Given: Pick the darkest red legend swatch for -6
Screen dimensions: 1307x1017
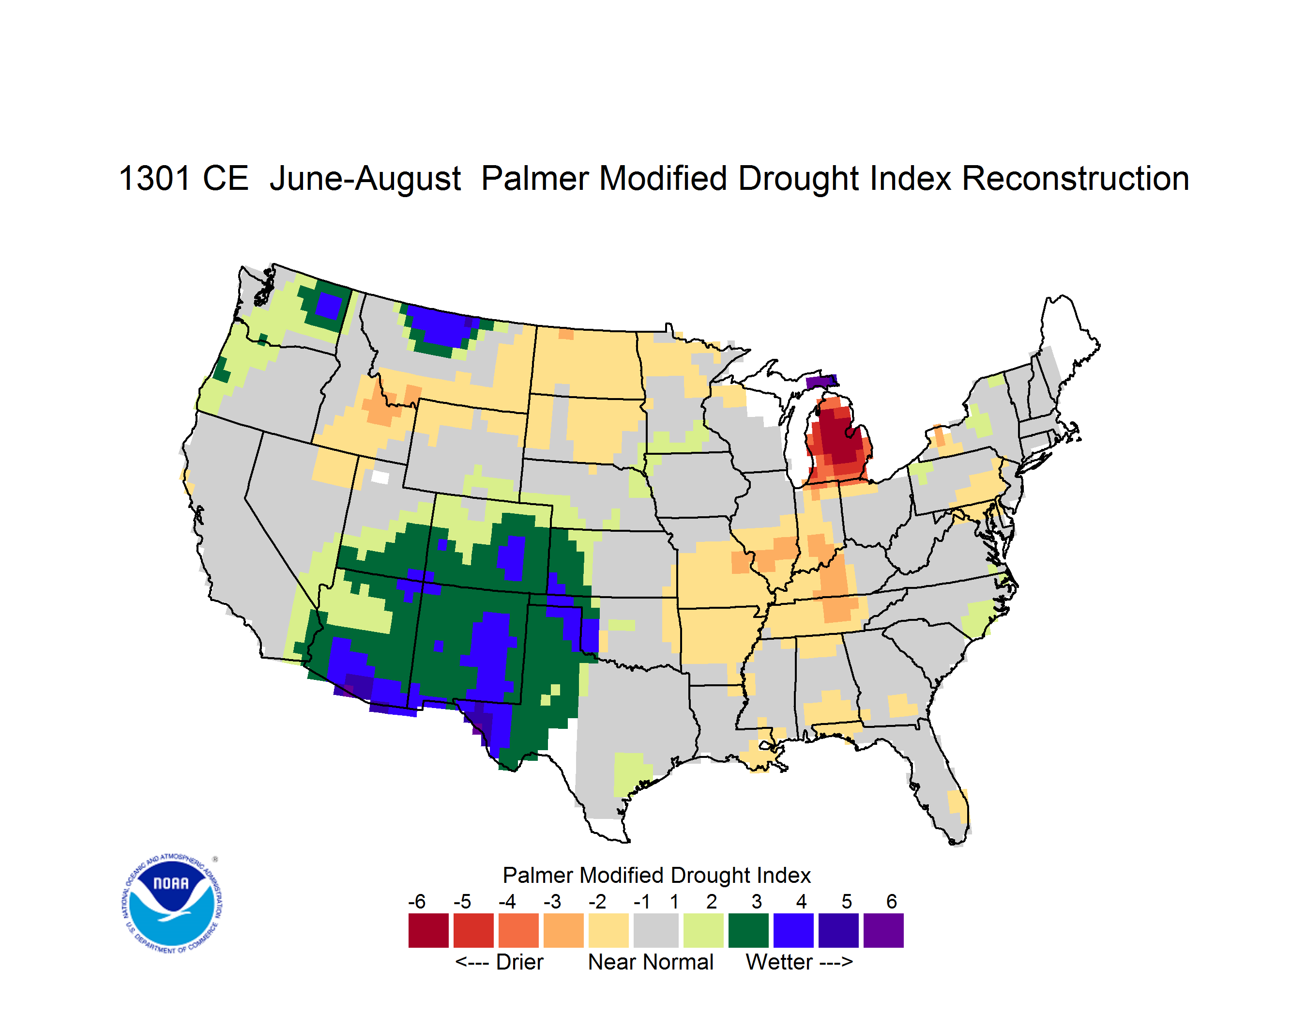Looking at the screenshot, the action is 428,930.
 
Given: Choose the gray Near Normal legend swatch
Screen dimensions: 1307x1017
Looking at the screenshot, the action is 656,930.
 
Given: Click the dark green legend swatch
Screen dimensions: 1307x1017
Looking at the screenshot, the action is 748,930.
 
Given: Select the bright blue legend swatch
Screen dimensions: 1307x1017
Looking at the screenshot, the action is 793,930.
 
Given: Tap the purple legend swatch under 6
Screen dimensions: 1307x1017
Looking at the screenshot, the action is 883,930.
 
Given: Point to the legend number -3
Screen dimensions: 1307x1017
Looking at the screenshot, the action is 552,901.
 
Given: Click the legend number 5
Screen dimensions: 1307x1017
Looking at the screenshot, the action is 846,901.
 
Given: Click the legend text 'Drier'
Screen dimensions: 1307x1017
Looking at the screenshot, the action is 519,962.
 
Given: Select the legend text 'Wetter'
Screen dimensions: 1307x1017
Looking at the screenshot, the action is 779,962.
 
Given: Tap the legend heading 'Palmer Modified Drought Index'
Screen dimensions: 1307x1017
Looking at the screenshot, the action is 656,875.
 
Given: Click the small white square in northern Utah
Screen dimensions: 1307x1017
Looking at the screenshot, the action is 380,477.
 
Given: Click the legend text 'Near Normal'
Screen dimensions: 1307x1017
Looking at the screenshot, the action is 651,962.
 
